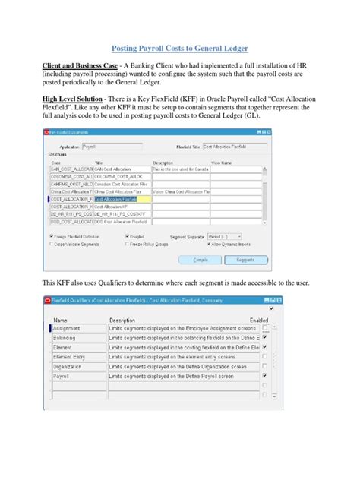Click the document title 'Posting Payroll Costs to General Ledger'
(179, 47)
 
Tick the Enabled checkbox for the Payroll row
(264, 375)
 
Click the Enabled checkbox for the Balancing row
(264, 338)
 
